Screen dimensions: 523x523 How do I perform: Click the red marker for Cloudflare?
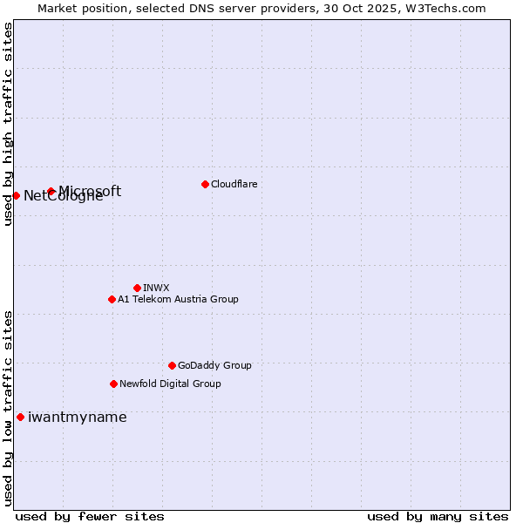point(205,184)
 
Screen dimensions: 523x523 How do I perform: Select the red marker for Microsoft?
point(51,192)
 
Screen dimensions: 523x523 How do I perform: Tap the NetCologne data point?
point(16,195)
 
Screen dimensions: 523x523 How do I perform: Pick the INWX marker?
point(137,288)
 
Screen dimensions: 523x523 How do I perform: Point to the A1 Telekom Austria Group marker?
point(112,299)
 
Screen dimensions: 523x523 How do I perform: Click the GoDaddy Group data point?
point(172,365)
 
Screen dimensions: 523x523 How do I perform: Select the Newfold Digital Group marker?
point(113,384)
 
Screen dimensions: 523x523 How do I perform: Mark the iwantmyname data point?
point(20,417)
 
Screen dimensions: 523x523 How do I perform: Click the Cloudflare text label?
point(234,184)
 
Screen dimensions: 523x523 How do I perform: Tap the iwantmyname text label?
point(77,417)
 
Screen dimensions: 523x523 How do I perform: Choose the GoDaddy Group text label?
point(214,365)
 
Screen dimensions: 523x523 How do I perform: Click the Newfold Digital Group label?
point(170,384)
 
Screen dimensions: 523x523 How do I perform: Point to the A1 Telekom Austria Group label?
point(178,299)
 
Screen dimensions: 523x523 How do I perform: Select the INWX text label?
point(156,288)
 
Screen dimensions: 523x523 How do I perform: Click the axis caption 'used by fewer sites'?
point(90,516)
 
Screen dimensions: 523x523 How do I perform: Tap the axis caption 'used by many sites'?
point(438,516)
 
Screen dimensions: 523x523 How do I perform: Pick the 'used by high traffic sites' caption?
point(9,124)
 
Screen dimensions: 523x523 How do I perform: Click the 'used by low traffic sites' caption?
point(9,408)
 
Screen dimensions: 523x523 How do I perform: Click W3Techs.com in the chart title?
point(443,8)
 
